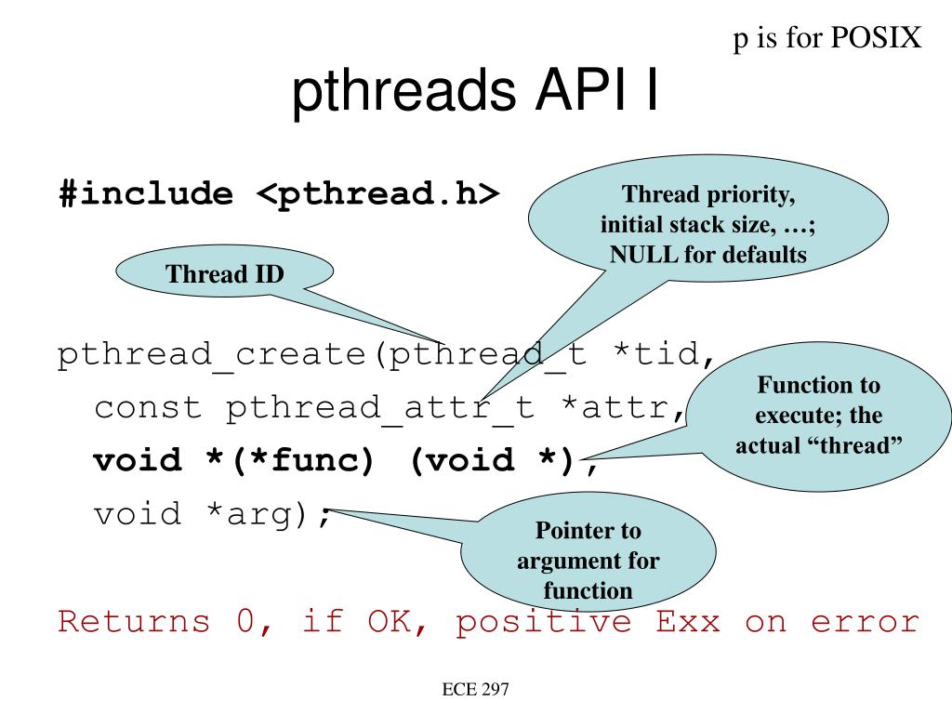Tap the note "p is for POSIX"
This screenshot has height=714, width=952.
pyautogui.click(x=827, y=37)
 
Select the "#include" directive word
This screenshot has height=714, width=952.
pyautogui.click(x=147, y=194)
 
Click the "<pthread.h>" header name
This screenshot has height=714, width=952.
pyautogui.click(x=377, y=194)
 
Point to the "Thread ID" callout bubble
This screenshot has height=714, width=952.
pyautogui.click(x=224, y=274)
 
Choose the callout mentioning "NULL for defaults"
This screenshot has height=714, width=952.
pyautogui.click(x=708, y=224)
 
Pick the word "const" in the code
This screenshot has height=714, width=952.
pyautogui.click(x=148, y=407)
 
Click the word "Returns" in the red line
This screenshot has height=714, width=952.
pyautogui.click(x=134, y=620)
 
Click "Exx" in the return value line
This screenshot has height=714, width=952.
pyautogui.click(x=688, y=620)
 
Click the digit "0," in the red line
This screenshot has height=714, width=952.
pyautogui.click(x=248, y=620)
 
